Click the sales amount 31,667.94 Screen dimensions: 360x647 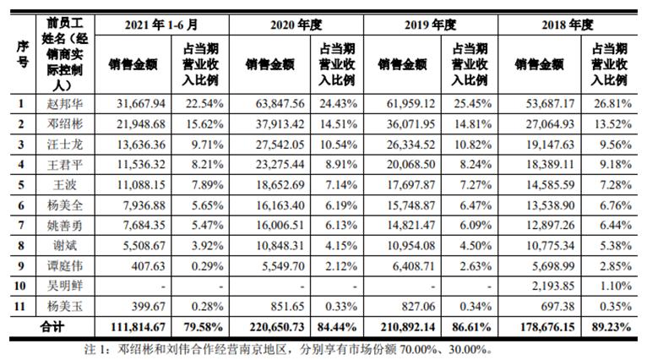pos(136,104)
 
